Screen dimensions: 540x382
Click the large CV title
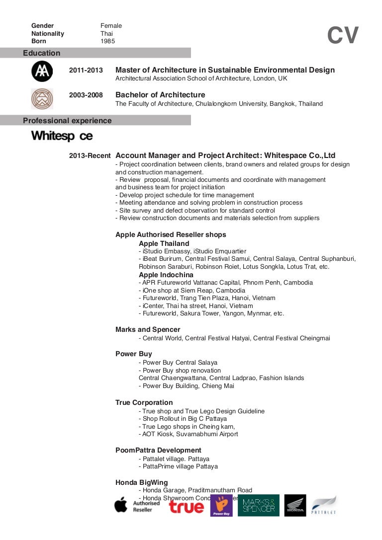(x=343, y=36)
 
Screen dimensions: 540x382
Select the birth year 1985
(x=108, y=41)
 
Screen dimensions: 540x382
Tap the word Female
(x=111, y=26)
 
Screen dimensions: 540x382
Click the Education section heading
(x=41, y=53)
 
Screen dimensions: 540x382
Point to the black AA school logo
(x=42, y=72)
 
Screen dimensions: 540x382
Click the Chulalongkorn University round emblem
(x=42, y=98)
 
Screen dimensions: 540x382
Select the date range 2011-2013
(x=86, y=71)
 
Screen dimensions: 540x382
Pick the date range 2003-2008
(x=86, y=95)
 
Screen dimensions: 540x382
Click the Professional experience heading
(x=67, y=121)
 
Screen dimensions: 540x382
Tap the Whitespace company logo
(x=62, y=136)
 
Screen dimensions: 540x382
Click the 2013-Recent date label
(x=90, y=155)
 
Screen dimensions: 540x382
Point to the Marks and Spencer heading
(x=148, y=329)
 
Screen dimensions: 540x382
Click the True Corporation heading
(x=144, y=402)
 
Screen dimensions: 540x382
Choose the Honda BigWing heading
(x=142, y=482)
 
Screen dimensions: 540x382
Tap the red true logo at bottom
(x=187, y=506)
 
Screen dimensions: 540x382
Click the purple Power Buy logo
(x=221, y=505)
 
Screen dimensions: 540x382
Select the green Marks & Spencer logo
(x=258, y=505)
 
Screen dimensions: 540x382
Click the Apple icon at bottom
(x=121, y=505)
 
